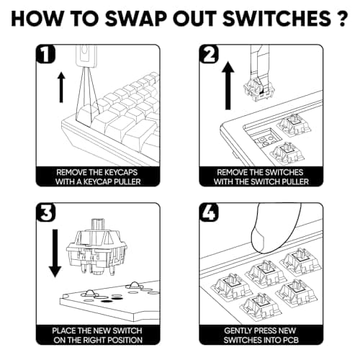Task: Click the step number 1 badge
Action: point(45,54)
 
